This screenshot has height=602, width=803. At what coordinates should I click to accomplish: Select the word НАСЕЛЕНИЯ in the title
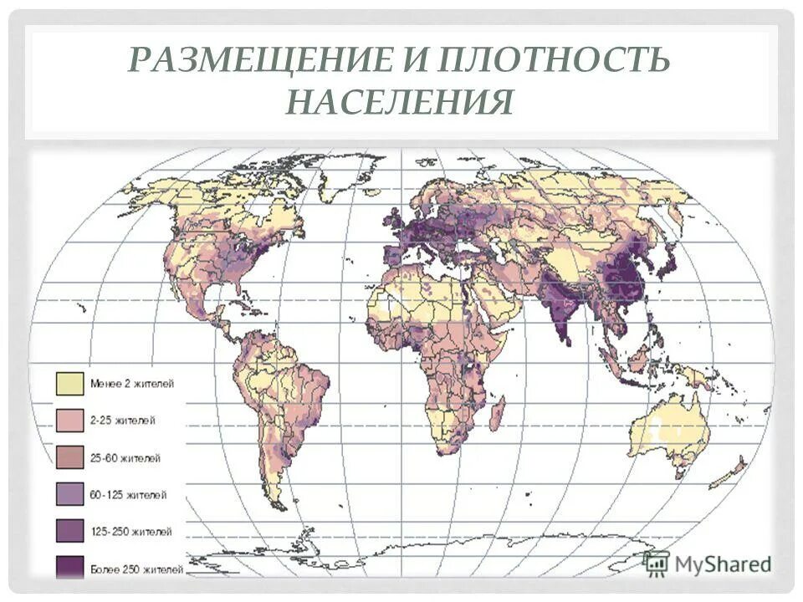tap(399, 104)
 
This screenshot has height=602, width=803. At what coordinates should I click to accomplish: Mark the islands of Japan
tap(669, 259)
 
